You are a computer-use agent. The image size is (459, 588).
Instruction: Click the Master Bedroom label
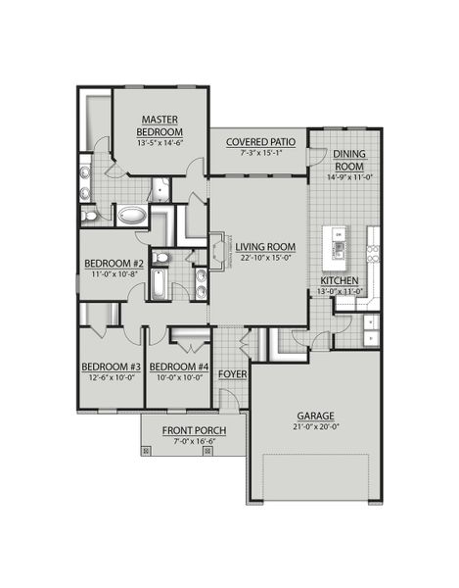pyautogui.click(x=158, y=125)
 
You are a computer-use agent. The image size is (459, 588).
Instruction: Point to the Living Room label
pyautogui.click(x=262, y=246)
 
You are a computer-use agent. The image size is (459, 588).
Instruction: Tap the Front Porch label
pyautogui.click(x=195, y=431)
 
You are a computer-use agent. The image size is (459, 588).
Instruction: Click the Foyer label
pyautogui.click(x=231, y=373)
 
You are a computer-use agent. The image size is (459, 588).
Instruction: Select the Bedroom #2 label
pyautogui.click(x=114, y=264)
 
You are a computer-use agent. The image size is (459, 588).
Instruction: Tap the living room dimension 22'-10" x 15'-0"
pyautogui.click(x=262, y=258)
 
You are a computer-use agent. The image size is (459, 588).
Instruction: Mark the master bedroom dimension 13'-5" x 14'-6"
pyautogui.click(x=158, y=143)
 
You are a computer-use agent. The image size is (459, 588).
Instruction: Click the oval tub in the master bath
pyautogui.click(x=129, y=216)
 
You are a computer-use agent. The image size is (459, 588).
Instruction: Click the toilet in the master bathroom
pyautogui.click(x=89, y=215)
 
